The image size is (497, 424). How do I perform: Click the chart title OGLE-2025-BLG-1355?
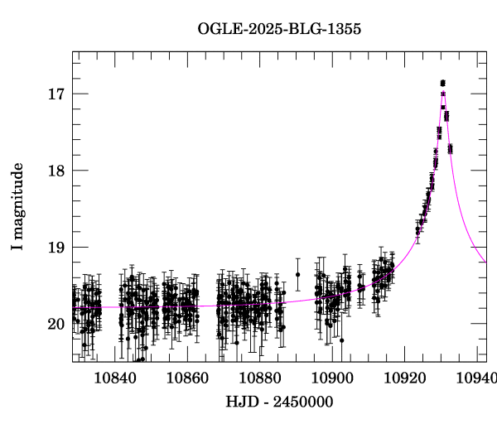pos(279,29)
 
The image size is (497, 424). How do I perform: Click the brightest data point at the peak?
pos(443,83)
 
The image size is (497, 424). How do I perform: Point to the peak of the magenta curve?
pos(443,90)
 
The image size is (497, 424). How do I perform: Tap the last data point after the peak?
pos(451,149)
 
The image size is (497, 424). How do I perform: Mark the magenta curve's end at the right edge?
pos(486,263)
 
